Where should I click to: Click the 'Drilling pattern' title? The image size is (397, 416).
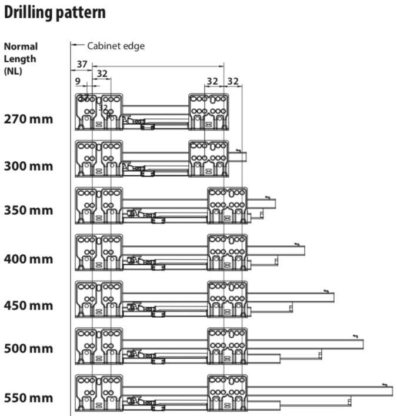55,12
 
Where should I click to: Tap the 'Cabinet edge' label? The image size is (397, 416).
116,46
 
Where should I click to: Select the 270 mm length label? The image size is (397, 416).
28,119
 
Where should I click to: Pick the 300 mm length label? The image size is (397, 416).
28,166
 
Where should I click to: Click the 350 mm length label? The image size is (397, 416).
28,210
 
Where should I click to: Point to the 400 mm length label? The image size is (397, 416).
28,259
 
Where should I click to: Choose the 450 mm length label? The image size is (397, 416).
28,305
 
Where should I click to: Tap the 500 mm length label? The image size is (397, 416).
28,348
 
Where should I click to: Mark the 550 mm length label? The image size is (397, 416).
28,398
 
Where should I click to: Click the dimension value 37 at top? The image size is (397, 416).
82,64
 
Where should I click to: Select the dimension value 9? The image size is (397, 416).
78,81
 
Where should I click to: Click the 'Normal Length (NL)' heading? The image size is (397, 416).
21,59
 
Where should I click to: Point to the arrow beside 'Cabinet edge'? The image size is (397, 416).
78,45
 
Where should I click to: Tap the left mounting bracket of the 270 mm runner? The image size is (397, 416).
99,112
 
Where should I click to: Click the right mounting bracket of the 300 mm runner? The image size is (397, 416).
209,159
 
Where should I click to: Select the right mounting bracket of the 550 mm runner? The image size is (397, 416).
227,392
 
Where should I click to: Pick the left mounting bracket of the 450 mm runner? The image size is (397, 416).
99,299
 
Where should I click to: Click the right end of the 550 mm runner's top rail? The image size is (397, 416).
392,391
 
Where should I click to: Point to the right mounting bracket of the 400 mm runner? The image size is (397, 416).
227,252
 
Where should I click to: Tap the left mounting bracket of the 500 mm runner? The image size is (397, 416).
99,346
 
